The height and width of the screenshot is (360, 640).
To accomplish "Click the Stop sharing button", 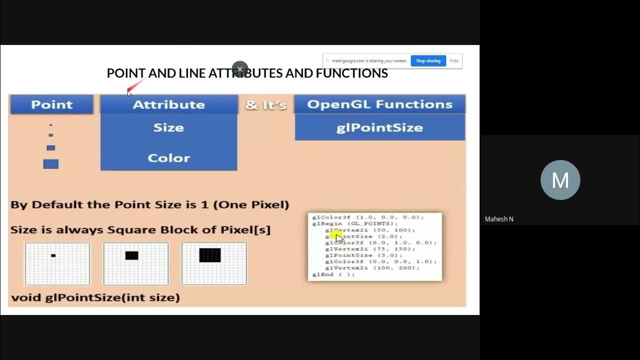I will [428, 61].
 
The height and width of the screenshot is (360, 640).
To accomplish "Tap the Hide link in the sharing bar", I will [454, 61].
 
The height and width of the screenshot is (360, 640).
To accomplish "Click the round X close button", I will [240, 69].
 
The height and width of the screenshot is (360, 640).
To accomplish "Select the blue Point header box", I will [51, 104].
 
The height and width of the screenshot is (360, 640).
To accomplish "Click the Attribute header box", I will [168, 104].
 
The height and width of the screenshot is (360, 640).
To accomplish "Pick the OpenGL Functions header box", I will [379, 104].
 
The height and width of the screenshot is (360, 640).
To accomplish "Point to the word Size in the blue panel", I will [168, 127].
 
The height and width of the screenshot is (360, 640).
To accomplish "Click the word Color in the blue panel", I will [168, 158].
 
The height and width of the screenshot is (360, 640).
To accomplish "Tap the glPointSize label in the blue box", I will [379, 127].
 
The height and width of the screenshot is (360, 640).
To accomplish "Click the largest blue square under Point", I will [50, 164].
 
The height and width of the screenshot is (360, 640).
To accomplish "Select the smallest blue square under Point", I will [50, 125].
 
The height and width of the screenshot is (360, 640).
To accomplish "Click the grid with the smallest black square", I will [57, 263].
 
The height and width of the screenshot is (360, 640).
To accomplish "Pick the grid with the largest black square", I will [214, 263].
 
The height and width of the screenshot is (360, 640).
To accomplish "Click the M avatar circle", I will [560, 180].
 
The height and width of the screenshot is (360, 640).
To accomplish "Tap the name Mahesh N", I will [499, 219].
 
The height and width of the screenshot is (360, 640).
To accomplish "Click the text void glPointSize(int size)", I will [95, 297].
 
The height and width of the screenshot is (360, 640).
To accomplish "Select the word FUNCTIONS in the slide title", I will [351, 73].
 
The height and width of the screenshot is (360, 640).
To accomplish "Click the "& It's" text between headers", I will [265, 105].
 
